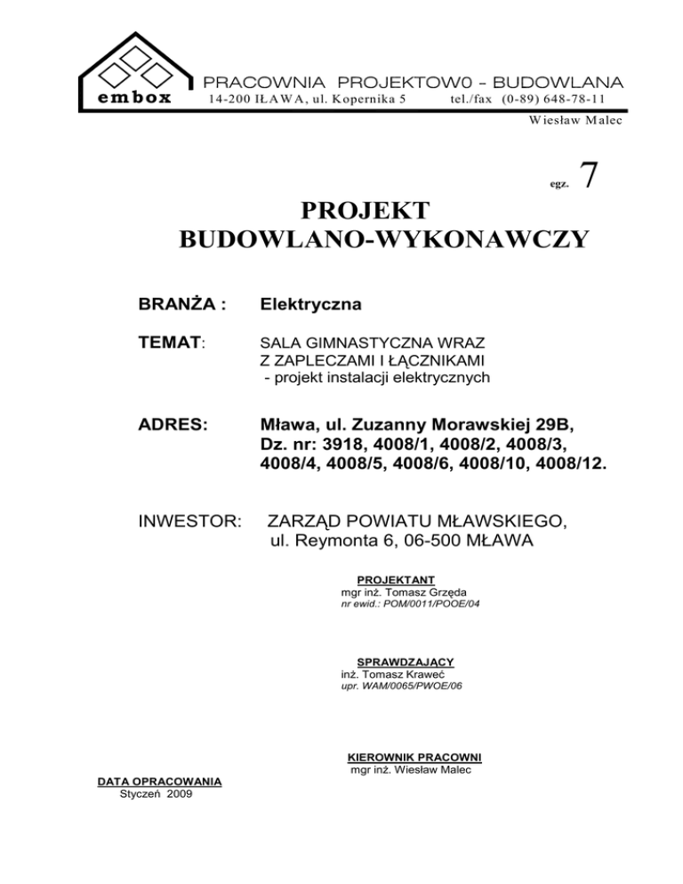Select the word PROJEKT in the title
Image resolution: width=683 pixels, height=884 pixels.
365,212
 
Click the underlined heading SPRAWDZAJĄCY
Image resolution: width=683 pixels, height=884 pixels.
405,663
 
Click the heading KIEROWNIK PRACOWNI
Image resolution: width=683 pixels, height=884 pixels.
413,758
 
